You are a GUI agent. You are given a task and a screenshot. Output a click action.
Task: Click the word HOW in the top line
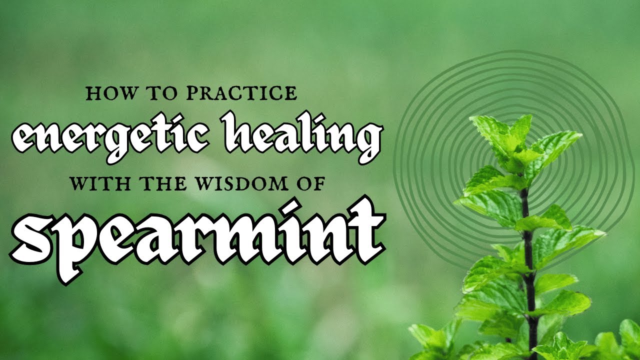click(x=105, y=93)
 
